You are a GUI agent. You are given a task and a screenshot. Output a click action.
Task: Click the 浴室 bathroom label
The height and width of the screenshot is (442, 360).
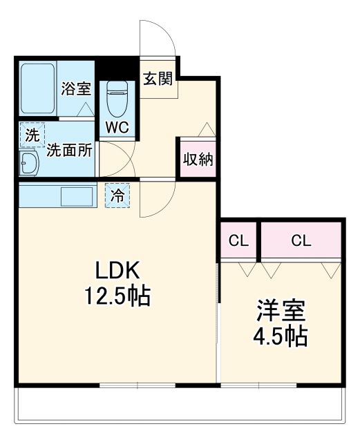tap(75, 88)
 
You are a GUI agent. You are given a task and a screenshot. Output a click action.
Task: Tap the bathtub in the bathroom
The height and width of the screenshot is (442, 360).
tap(37, 90)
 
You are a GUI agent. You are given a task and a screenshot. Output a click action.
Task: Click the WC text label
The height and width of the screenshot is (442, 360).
tap(118, 128)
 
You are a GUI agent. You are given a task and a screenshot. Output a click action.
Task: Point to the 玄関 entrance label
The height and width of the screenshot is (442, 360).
tap(158, 78)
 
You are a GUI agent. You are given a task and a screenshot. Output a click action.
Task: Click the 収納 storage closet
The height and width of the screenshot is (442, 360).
tap(197, 159)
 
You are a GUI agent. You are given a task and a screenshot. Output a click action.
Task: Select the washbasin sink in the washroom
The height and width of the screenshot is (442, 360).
tap(29, 164)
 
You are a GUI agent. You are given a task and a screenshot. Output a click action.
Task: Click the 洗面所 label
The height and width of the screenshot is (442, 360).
tap(69, 151)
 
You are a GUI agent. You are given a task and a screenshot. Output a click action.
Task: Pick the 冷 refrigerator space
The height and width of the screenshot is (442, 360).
tap(118, 196)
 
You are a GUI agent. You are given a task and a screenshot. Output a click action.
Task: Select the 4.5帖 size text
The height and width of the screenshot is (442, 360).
tap(281, 336)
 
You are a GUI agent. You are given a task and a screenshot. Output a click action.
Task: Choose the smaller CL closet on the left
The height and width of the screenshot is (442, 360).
tap(238, 241)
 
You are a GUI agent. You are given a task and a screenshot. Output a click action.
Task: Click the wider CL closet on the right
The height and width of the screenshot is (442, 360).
tap(301, 241)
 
